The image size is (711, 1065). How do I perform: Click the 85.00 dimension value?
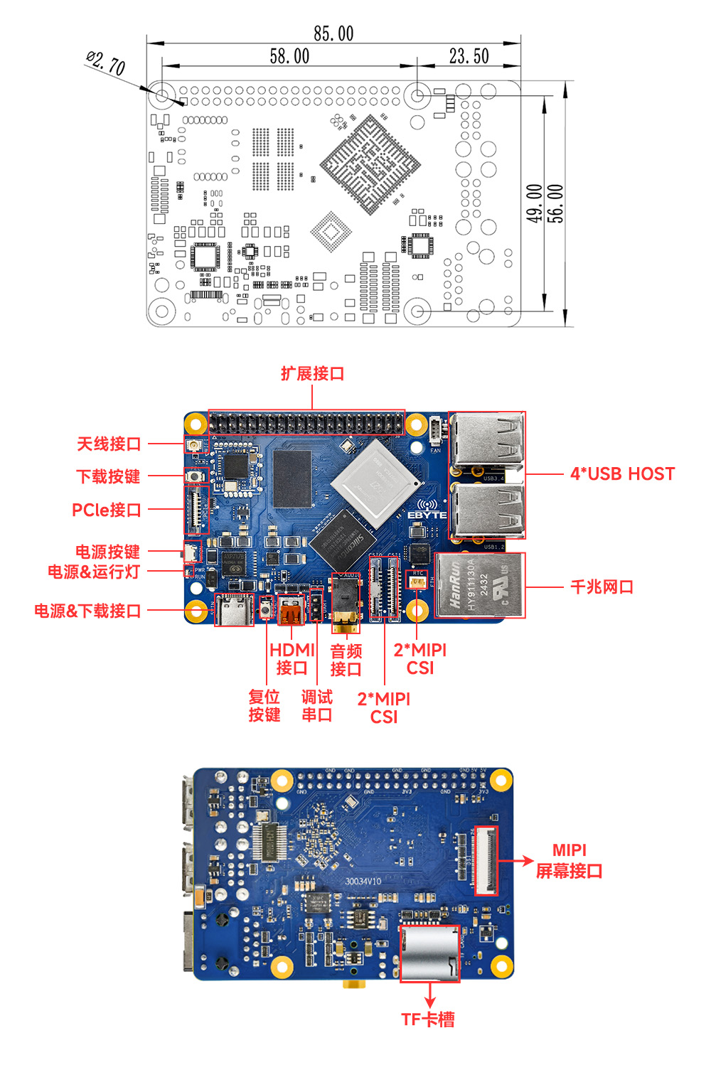tap(333, 33)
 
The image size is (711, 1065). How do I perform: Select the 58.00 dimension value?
tap(289, 56)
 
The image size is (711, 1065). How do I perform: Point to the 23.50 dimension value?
tap(469, 56)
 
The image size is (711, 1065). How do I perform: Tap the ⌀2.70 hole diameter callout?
tap(106, 63)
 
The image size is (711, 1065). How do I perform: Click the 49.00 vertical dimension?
tap(535, 203)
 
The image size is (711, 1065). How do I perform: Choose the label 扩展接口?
tap(312, 374)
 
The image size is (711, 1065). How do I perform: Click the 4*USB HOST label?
tap(622, 474)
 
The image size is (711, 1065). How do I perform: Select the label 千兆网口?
tap(602, 587)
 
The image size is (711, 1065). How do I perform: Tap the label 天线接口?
tap(109, 444)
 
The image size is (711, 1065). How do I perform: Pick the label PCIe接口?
tap(107, 510)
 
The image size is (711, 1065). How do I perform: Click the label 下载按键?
tap(108, 476)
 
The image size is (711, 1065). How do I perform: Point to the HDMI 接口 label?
tap(292, 659)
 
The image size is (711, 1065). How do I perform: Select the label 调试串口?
tap(316, 706)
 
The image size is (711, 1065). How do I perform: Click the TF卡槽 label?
tap(428, 1019)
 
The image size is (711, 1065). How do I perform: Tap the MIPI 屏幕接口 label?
tap(569, 860)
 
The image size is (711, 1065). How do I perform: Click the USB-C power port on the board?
tap(234, 610)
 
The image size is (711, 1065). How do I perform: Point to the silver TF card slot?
tap(429, 953)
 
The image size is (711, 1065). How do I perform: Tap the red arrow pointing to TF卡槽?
tap(429, 995)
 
